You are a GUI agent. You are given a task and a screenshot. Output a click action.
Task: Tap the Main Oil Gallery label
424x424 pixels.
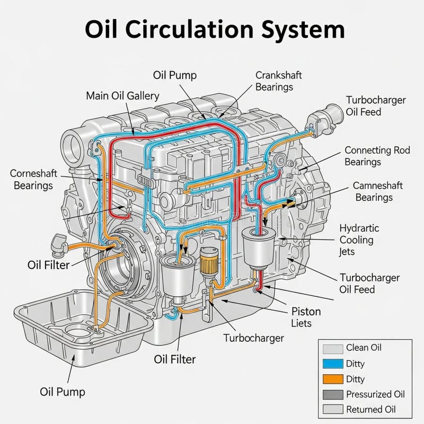click(x=122, y=96)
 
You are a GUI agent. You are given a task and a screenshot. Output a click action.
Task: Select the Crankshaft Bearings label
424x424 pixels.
click(x=279, y=81)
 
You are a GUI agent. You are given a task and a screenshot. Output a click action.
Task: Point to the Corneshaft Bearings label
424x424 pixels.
click(x=33, y=179)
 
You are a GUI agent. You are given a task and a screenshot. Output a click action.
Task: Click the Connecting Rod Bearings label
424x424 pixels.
click(x=377, y=156)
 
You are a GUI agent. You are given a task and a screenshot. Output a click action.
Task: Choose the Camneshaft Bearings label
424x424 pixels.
click(x=377, y=191)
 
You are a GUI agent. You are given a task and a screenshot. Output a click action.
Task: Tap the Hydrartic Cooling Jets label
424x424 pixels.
click(x=359, y=240)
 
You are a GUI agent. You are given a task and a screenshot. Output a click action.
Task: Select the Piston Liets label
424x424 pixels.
click(x=306, y=317)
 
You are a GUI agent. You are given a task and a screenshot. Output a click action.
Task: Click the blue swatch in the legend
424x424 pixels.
click(x=333, y=364)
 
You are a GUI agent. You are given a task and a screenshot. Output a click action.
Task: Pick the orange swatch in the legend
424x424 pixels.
click(x=333, y=379)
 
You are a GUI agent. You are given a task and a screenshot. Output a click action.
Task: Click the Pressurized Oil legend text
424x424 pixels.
click(x=375, y=394)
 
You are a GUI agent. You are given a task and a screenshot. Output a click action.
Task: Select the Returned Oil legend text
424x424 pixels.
click(x=370, y=409)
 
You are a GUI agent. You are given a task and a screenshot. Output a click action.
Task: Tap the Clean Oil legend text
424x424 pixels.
click(x=364, y=348)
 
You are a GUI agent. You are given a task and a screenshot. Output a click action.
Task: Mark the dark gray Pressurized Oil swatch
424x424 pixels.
click(x=333, y=394)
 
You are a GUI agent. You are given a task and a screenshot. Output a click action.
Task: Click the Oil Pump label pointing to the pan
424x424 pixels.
click(x=63, y=392)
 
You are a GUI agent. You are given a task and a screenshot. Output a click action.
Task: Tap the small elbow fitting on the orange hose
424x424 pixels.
click(x=59, y=245)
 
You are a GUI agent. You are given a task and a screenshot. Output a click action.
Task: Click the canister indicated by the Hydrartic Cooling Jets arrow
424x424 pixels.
click(x=259, y=248)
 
